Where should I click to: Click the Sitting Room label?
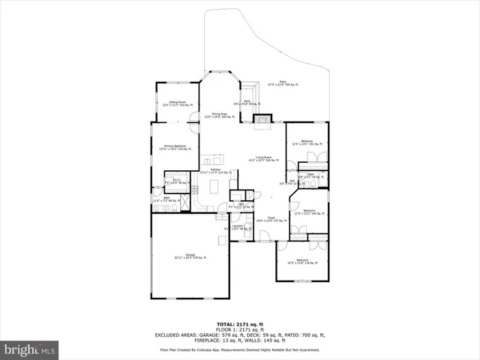[177, 103]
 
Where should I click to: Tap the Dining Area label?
[220, 115]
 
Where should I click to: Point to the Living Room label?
[263, 158]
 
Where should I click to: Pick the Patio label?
[283, 83]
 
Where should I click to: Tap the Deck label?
[246, 101]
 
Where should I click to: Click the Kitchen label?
[215, 171]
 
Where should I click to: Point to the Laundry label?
[238, 227]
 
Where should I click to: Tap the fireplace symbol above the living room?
[262, 118]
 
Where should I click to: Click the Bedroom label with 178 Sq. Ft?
[302, 262]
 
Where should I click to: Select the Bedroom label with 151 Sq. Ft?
[307, 142]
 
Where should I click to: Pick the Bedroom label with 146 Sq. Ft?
[309, 212]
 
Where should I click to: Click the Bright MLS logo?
[29, 349]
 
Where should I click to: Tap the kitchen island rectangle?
[212, 160]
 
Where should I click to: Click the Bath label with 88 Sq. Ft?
[166, 199]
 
